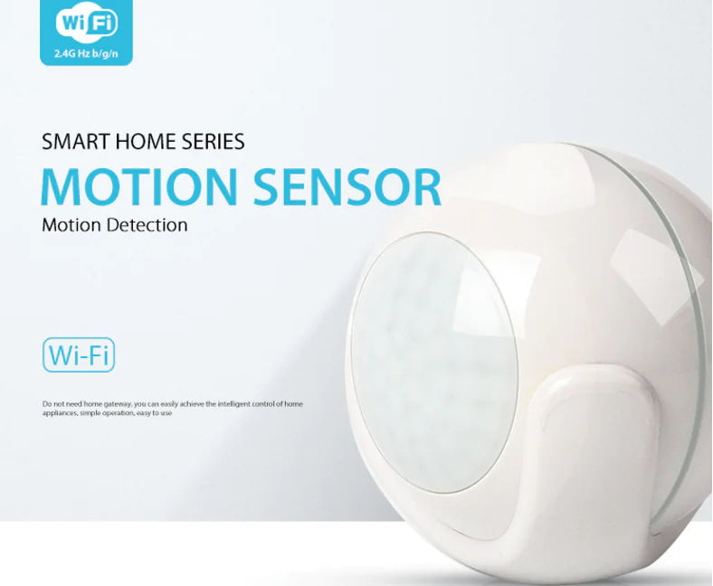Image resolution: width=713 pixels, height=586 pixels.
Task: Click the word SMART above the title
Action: tap(71, 141)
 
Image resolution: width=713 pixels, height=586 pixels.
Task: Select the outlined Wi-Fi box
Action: tap(79, 354)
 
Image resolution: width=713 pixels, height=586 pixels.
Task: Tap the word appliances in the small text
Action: tap(59, 412)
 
